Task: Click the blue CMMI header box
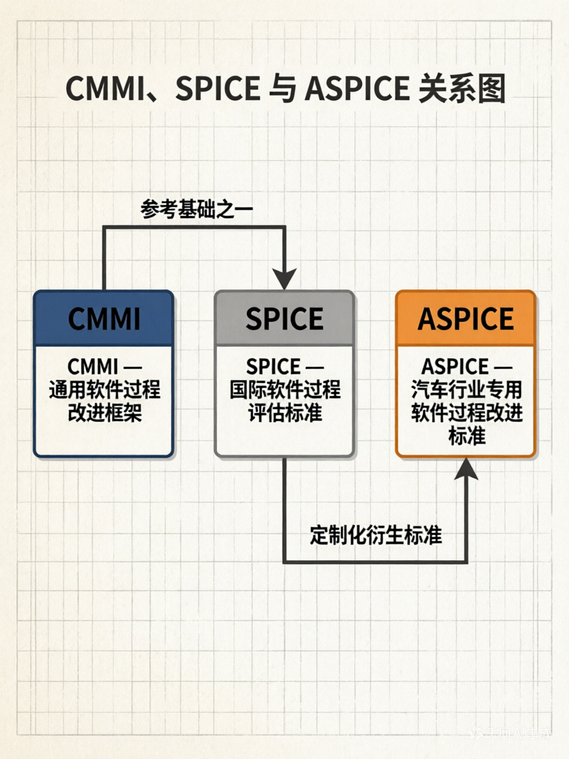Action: [x=104, y=318]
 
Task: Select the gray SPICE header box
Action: [x=284, y=318]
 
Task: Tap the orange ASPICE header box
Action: [x=466, y=318]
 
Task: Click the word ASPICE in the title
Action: [x=357, y=89]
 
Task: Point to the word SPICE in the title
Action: [x=218, y=89]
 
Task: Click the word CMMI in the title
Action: [x=104, y=89]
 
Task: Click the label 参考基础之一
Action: [x=197, y=209]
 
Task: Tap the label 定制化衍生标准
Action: [x=376, y=535]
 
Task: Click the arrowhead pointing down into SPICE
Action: [x=284, y=279]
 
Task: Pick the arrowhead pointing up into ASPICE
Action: [x=466, y=468]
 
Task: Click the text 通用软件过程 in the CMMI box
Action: [x=104, y=390]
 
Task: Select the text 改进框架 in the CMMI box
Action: [x=104, y=413]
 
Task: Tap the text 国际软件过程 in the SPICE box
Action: [x=285, y=390]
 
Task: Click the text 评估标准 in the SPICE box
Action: [x=285, y=413]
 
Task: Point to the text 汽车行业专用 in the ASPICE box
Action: [x=466, y=390]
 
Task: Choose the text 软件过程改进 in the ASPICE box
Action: [x=466, y=413]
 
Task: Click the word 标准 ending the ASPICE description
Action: [x=466, y=436]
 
